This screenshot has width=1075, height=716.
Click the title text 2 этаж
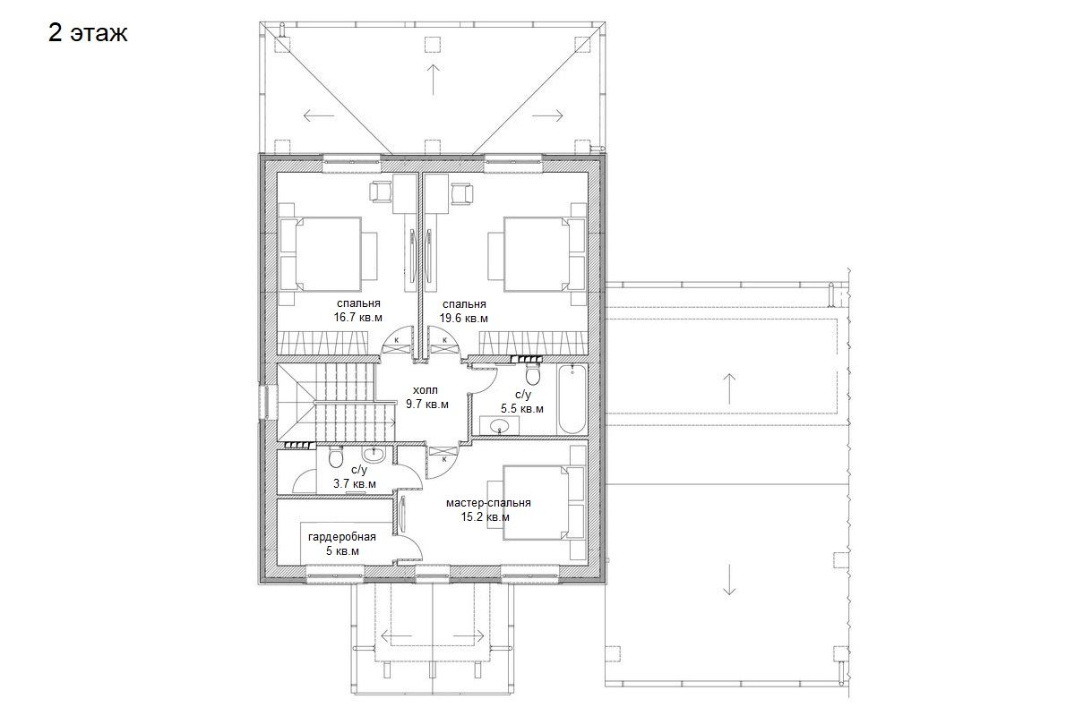(x=88, y=33)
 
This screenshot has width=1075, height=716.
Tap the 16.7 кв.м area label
(x=358, y=318)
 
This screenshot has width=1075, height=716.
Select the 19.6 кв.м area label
(x=464, y=319)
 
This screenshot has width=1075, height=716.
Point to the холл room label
(x=426, y=390)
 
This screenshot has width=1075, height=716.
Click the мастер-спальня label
(x=488, y=503)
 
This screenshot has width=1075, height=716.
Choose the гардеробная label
(x=341, y=537)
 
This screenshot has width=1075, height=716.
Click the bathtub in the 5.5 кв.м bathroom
(x=572, y=399)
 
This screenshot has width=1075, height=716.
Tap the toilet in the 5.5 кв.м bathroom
(x=533, y=374)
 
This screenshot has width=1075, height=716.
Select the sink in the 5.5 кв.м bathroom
(x=499, y=425)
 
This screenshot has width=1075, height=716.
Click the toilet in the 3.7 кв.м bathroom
(x=335, y=458)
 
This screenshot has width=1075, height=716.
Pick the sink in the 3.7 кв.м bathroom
(x=373, y=455)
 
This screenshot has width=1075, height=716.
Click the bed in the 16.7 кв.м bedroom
(x=328, y=254)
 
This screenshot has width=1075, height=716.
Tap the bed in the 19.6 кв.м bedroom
(x=536, y=254)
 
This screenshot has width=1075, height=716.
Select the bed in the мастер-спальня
(x=536, y=503)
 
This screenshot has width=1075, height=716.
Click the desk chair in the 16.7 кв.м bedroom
(x=382, y=192)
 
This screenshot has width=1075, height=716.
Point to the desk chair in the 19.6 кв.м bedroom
(x=461, y=193)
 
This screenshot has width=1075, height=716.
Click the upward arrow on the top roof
(x=434, y=80)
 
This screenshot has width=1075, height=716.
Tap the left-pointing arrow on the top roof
(x=319, y=115)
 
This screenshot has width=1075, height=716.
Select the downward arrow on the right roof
(x=729, y=580)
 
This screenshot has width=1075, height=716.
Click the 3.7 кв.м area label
(x=355, y=484)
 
